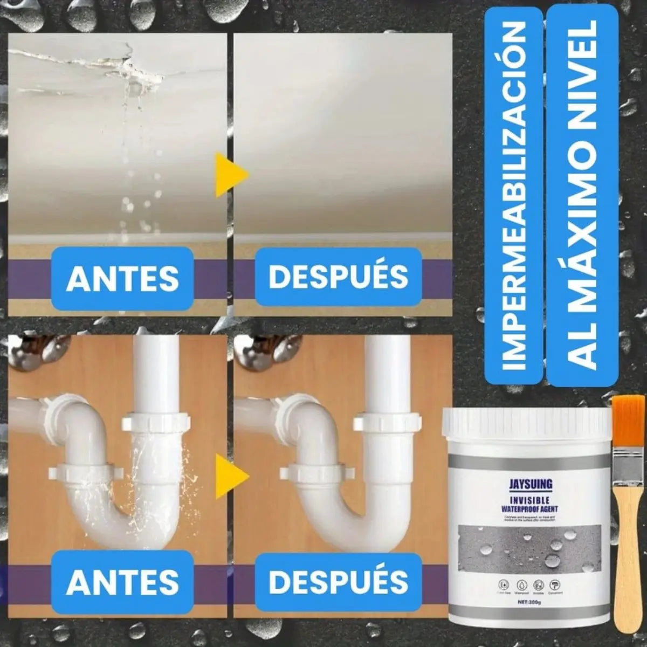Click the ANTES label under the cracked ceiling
pos(122,278)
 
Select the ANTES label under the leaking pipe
pos(122,581)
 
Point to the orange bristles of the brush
pos(627,421)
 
